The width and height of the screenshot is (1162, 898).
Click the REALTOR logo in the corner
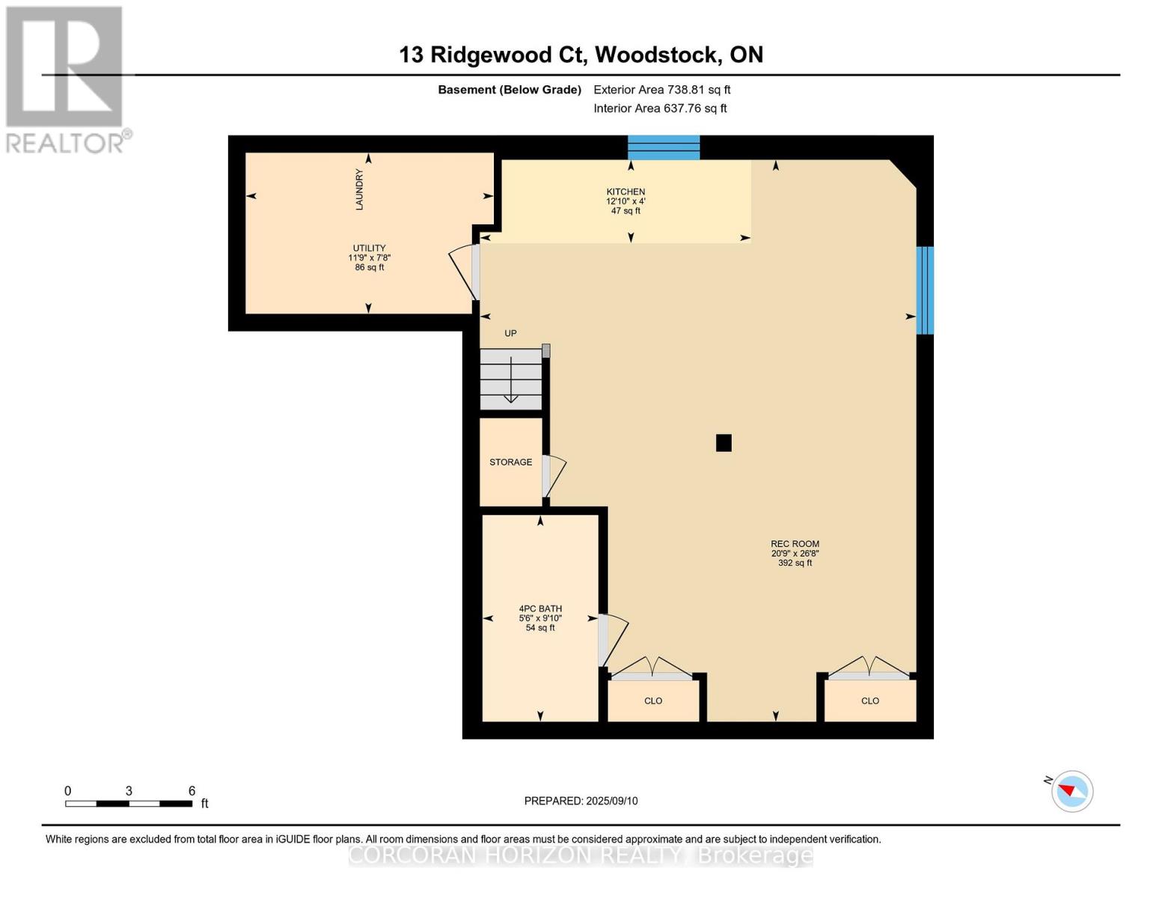point(66,79)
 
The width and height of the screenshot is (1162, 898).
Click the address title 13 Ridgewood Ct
point(581,55)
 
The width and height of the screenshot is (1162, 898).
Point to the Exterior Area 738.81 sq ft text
point(661,90)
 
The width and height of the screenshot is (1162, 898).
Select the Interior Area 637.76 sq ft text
point(660,109)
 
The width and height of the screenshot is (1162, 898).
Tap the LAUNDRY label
point(359,189)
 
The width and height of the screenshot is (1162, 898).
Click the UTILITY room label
point(369,248)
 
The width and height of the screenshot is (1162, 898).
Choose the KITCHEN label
point(626,192)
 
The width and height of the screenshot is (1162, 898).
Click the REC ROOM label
point(795,544)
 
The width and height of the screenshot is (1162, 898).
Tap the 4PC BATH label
point(540,609)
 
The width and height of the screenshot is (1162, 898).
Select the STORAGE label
point(511,462)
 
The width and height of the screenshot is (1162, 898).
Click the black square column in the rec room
point(724,443)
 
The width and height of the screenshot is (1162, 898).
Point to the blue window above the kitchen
point(663,147)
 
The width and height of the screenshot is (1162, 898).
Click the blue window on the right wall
point(925,290)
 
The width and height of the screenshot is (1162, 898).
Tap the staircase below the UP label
point(511,379)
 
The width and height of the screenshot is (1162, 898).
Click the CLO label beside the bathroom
point(653,701)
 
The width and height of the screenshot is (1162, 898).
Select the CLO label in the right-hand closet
point(870,701)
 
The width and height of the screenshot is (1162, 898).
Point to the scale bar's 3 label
point(129,791)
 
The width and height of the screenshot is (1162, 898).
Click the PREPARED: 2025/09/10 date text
point(581,801)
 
